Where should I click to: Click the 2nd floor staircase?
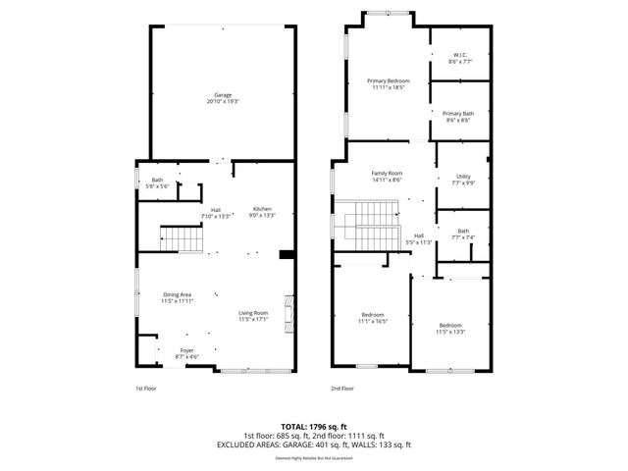click(x=372, y=225)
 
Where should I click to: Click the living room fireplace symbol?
click(x=288, y=312)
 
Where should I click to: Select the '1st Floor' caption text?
click(x=147, y=389)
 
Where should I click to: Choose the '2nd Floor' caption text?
click(x=342, y=389)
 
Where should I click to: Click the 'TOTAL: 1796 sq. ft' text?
click(x=313, y=427)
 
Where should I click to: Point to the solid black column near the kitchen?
click(x=287, y=255)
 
